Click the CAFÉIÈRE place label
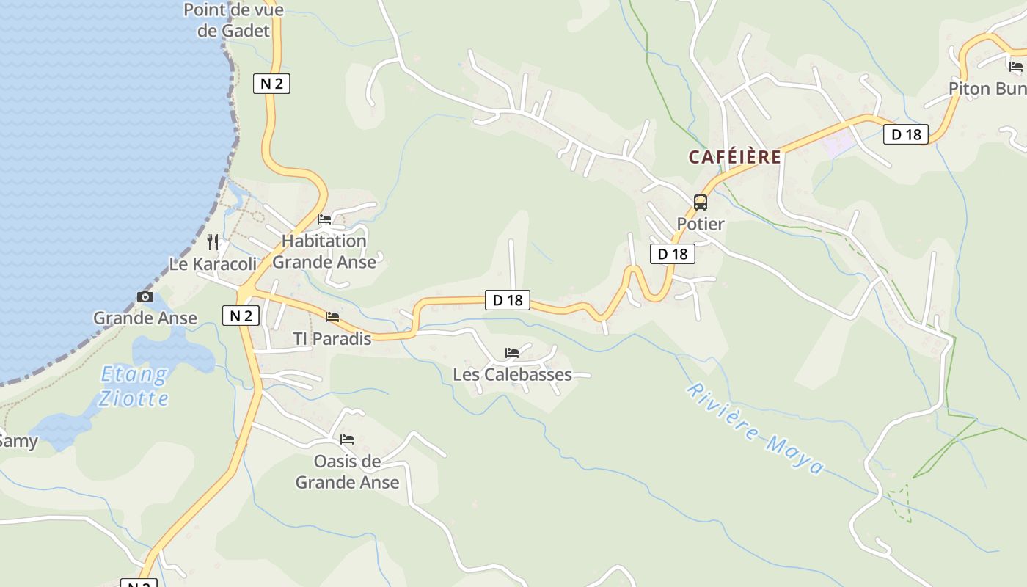(734, 157)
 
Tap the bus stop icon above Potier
(701, 203)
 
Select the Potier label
(700, 224)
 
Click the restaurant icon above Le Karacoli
(213, 241)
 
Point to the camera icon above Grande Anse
(145, 297)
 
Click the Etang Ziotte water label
(134, 387)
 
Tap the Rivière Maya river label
(756, 429)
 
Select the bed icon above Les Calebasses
(512, 353)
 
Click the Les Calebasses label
(512, 374)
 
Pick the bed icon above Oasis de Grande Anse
(347, 440)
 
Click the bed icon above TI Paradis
(332, 317)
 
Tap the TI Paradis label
(332, 338)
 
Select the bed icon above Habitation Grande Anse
(324, 219)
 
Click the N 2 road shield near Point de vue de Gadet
(271, 84)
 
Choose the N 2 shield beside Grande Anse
(241, 316)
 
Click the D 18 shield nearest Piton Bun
(905, 134)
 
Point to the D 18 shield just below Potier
(672, 254)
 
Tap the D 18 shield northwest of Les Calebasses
(507, 299)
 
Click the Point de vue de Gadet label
(233, 21)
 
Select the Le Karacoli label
(213, 263)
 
